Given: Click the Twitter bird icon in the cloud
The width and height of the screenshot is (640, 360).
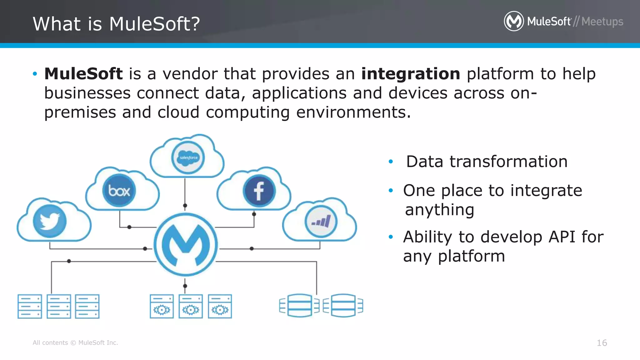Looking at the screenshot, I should point(49,221).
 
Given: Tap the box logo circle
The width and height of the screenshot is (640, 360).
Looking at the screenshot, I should point(119,191).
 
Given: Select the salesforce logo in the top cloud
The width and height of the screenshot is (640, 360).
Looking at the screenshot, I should point(188,157).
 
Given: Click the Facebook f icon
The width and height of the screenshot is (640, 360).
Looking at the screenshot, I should point(259,191).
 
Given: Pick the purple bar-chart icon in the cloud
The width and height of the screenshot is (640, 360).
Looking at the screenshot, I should point(321,222).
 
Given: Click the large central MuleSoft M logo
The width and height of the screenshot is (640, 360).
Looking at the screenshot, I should point(186,245).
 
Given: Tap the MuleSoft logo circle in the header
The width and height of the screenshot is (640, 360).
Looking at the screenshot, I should point(513,21).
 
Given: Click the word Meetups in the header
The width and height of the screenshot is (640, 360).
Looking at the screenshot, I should point(602,22).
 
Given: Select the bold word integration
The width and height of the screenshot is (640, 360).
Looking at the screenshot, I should point(410,74).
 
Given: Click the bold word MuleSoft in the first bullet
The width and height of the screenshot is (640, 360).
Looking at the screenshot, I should point(83,74).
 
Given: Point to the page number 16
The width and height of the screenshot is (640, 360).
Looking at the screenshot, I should point(602,343).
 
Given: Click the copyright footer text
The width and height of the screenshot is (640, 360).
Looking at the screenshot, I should point(75,343).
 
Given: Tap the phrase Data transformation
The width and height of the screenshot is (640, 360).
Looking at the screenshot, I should point(487,162).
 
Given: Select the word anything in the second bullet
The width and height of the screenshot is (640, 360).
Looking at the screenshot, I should point(439,210).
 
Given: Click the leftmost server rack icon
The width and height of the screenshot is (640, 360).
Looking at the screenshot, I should point(30,306).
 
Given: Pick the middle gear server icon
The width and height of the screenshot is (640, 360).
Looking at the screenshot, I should point(191,306).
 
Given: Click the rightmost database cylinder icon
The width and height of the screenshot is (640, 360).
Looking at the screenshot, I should point(343,306).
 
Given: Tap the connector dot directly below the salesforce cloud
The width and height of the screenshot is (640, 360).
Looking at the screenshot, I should point(185,206).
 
